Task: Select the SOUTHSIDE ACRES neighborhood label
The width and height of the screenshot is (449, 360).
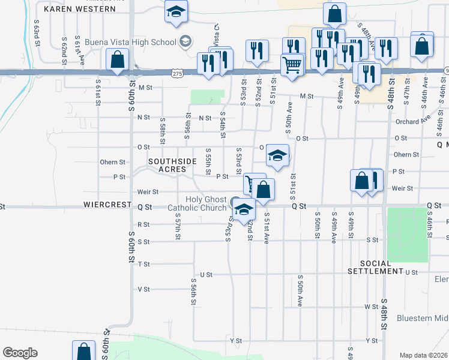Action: (172, 166)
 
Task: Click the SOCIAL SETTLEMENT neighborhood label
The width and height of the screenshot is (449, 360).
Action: (382, 268)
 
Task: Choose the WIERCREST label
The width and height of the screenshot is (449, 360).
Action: (109, 205)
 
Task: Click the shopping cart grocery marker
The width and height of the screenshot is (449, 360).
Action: (292, 64)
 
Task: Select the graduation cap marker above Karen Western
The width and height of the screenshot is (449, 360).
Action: (176, 13)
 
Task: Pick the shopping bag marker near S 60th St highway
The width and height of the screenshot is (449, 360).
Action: (117, 59)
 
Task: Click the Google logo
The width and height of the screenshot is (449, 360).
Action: (20, 353)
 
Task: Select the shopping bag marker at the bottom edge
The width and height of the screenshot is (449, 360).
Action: (83, 351)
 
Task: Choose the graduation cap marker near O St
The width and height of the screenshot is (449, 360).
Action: (277, 155)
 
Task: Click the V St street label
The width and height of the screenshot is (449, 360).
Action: (143, 289)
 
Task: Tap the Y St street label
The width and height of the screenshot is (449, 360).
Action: (235, 340)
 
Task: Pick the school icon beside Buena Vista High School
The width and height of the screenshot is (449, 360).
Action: (185, 41)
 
